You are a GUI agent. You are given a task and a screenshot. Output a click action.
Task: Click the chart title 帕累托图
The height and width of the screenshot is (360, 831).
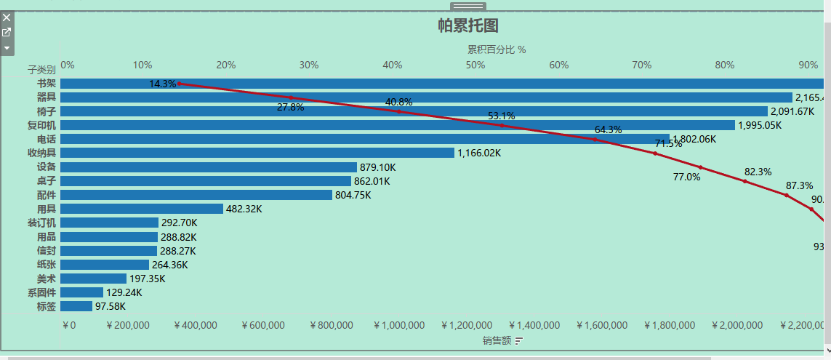[x=468, y=26]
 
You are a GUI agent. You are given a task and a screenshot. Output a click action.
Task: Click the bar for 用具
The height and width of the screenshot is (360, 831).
[x=142, y=209]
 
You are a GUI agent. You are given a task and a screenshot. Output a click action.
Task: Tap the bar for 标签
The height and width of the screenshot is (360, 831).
[x=76, y=306]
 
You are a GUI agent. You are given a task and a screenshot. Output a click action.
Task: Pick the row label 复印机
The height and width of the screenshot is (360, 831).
[x=41, y=125]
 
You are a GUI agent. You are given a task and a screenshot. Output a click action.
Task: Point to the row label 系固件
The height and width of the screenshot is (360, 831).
[x=41, y=292]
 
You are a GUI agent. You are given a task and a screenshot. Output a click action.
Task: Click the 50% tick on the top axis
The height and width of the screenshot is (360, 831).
[x=475, y=65]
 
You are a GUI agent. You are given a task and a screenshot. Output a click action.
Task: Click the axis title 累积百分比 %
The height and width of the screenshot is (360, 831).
[x=497, y=49]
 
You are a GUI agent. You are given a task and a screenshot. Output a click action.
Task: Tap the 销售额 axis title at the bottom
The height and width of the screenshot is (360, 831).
[x=496, y=340]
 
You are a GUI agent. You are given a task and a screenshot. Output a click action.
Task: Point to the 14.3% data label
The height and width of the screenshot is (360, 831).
[x=162, y=84]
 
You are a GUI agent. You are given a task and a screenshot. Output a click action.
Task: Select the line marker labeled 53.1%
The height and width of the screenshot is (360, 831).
[x=502, y=126]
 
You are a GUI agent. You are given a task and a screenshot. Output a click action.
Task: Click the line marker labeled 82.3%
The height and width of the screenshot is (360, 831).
[x=744, y=181]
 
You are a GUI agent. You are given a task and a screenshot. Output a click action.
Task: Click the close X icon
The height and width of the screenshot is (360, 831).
[x=7, y=17]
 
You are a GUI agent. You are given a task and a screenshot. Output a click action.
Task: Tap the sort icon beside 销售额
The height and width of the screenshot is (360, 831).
[x=519, y=340]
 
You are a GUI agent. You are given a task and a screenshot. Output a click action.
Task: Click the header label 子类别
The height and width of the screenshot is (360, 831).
[x=41, y=70]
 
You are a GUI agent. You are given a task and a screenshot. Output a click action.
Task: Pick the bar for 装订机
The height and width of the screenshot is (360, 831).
[x=109, y=223]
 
